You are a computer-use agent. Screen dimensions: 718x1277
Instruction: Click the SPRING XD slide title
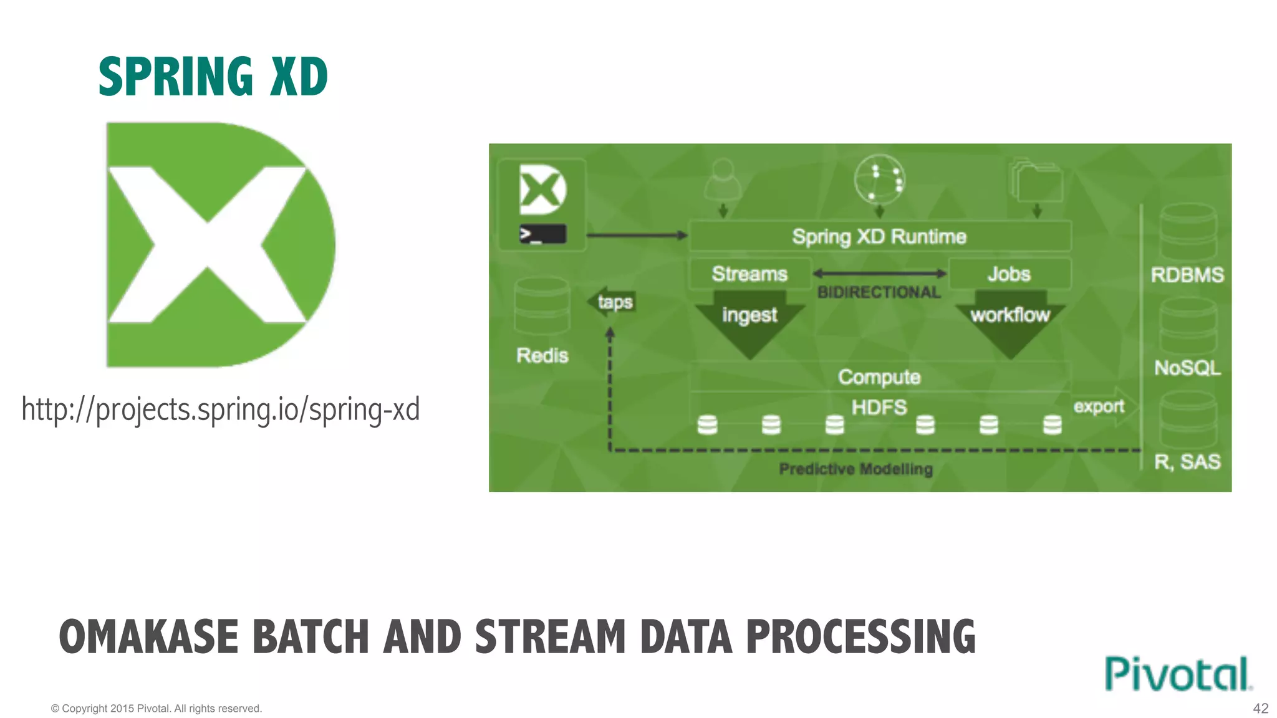point(213,77)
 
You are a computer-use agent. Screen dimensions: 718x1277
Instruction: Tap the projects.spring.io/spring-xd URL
point(221,410)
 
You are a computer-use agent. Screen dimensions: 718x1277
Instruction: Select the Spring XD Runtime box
point(879,236)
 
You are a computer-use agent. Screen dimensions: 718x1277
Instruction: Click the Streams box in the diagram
point(749,274)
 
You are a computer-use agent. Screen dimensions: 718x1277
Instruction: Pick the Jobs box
point(1009,274)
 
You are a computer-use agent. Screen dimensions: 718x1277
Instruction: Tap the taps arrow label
point(614,302)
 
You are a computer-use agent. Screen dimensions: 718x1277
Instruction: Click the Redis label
point(542,355)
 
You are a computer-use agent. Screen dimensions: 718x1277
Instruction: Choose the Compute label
point(879,376)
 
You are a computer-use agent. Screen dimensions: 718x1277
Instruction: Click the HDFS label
point(879,407)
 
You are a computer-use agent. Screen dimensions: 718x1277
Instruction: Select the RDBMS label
point(1187,275)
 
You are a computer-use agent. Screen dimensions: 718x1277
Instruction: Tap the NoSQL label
point(1187,368)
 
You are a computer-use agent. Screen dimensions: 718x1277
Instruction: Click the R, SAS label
point(1187,461)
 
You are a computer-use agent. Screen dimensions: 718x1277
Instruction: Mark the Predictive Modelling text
point(855,469)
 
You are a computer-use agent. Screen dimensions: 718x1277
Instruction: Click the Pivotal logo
point(1177,674)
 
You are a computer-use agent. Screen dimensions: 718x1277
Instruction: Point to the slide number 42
point(1260,708)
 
